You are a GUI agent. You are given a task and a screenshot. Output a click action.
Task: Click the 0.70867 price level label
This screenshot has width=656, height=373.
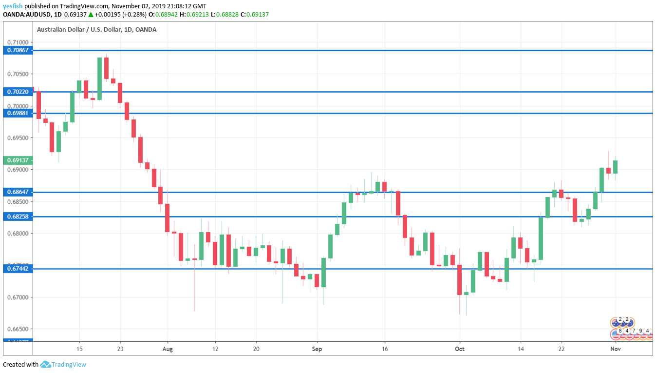point(18,50)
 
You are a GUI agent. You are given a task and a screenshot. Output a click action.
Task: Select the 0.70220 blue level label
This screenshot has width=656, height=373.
point(18,92)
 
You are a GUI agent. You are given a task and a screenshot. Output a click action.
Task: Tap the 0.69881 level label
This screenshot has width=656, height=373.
point(18,113)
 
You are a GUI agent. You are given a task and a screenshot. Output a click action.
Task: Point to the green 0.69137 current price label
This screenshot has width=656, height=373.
point(18,160)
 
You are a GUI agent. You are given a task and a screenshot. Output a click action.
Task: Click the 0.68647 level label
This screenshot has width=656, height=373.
point(18,192)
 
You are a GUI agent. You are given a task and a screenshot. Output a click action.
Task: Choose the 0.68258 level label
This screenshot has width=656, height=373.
point(18,216)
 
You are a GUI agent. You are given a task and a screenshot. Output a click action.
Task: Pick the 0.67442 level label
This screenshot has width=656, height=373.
point(18,269)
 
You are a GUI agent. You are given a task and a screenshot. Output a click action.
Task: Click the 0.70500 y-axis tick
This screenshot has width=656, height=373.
point(18,74)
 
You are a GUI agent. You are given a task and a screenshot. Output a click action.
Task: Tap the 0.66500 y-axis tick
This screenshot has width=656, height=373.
point(18,329)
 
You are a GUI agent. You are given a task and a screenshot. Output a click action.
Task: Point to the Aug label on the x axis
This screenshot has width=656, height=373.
point(168,349)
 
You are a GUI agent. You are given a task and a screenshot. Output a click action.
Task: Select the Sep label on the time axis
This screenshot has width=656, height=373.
point(317,349)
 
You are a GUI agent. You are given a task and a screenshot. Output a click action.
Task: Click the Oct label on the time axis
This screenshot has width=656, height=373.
point(459,349)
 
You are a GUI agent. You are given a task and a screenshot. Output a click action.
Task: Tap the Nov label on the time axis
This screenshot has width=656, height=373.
point(615,349)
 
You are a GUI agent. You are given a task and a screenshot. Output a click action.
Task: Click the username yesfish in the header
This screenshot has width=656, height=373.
point(13,6)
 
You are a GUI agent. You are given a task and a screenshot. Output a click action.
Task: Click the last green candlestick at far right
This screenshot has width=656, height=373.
point(616,167)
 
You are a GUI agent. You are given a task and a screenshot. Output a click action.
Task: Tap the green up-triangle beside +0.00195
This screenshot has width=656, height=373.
point(91,15)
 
